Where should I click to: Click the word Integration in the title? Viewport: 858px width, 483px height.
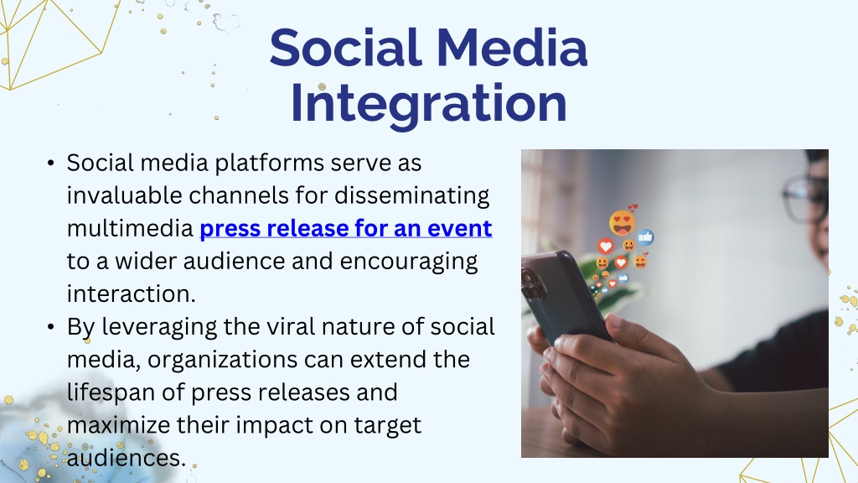(428, 104)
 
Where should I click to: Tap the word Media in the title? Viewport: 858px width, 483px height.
(512, 48)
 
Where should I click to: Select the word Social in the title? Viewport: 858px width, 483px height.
(345, 48)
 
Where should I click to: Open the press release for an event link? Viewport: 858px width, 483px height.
(346, 228)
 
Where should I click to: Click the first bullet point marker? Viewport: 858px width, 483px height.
(51, 164)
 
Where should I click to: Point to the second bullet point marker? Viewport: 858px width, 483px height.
(51, 327)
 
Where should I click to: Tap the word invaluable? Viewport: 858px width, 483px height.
(124, 195)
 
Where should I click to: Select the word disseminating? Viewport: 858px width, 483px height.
(412, 195)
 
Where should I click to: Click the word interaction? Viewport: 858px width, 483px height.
(131, 294)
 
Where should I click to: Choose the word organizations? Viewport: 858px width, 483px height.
(223, 361)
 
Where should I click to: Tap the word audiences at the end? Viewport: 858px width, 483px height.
(127, 459)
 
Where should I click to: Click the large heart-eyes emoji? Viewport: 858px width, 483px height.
(623, 222)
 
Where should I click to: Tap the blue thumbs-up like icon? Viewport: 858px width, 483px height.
(646, 237)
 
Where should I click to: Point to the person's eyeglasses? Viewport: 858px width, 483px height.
(805, 198)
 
